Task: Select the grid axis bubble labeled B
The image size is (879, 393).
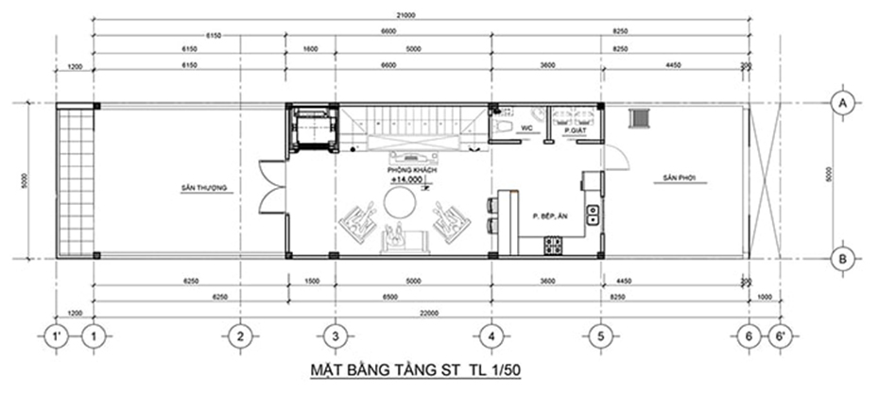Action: [840, 257]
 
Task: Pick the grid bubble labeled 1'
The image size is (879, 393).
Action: [57, 334]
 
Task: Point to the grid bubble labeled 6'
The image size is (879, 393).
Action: [780, 334]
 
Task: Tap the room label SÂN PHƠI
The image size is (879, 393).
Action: [679, 177]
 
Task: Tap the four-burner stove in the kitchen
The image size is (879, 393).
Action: [552, 246]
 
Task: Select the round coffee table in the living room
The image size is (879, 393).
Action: [398, 202]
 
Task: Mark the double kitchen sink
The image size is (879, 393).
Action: [592, 214]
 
